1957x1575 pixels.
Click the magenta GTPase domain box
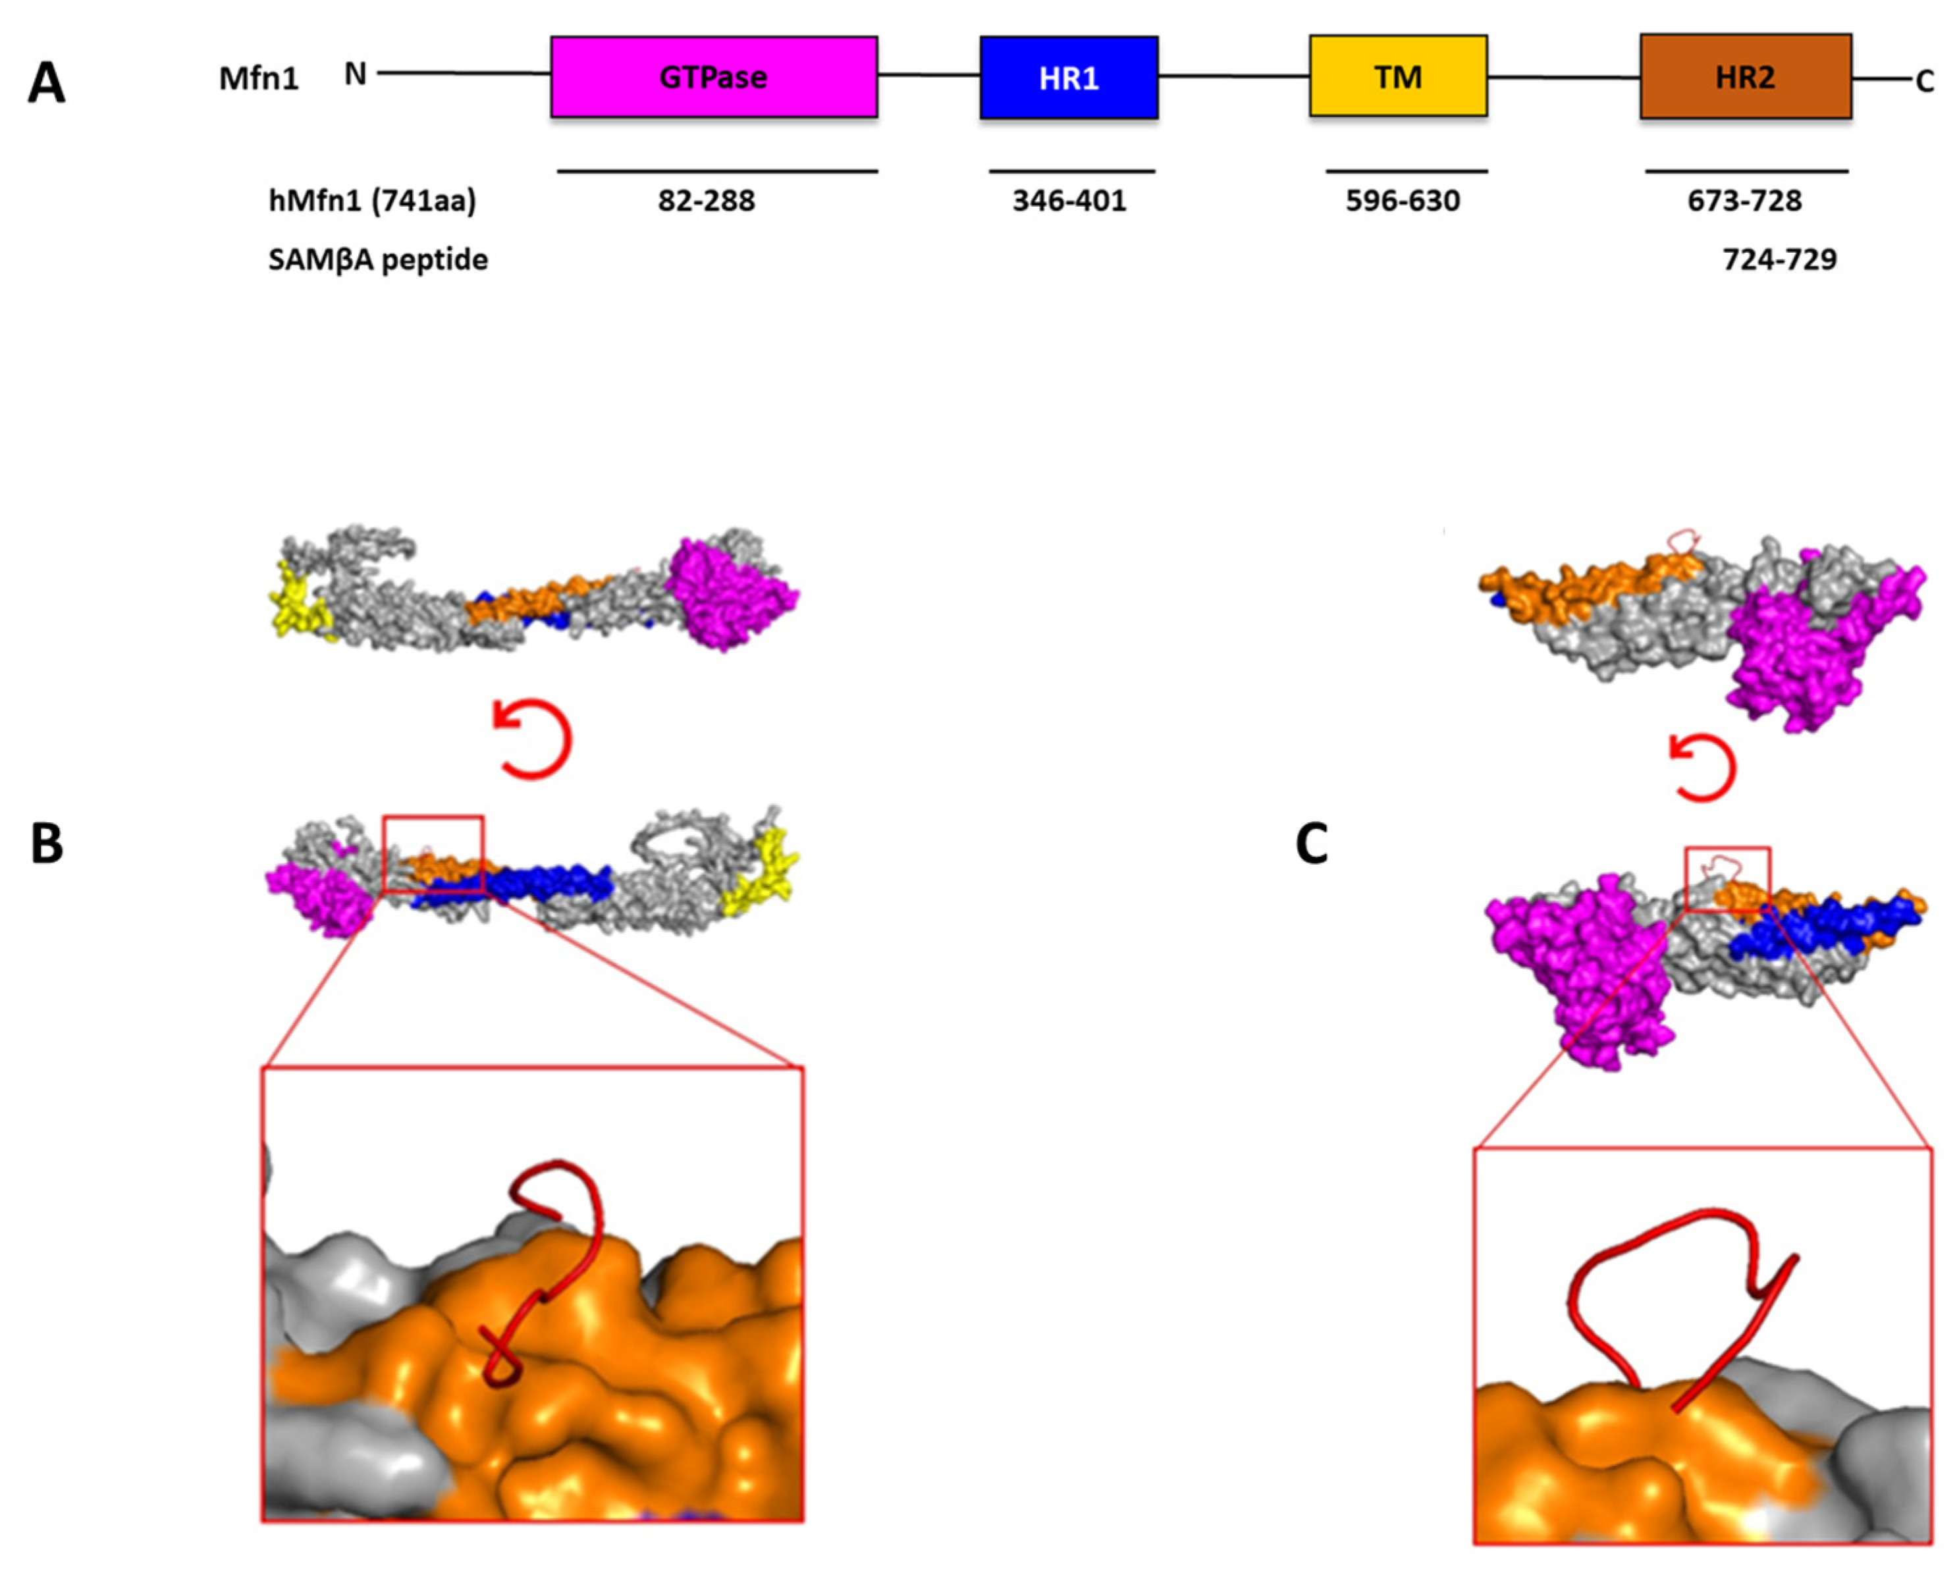tap(713, 77)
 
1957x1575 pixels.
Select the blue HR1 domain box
tap(1068, 78)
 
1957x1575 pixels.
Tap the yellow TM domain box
tap(1398, 77)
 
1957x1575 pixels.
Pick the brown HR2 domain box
tap(1744, 77)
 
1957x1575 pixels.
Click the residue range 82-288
tap(706, 201)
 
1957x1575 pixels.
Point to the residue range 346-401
tap(1069, 201)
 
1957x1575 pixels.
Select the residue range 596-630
tap(1403, 201)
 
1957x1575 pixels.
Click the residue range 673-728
tap(1744, 201)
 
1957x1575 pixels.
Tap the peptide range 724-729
tap(1779, 259)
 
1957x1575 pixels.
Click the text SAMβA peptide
tap(377, 259)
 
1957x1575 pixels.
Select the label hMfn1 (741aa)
tap(372, 201)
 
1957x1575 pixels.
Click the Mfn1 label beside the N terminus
tap(259, 79)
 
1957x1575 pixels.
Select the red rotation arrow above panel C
tap(1702, 768)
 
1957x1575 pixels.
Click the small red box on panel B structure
tap(433, 853)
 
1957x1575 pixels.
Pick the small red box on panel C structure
tap(1727, 879)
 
